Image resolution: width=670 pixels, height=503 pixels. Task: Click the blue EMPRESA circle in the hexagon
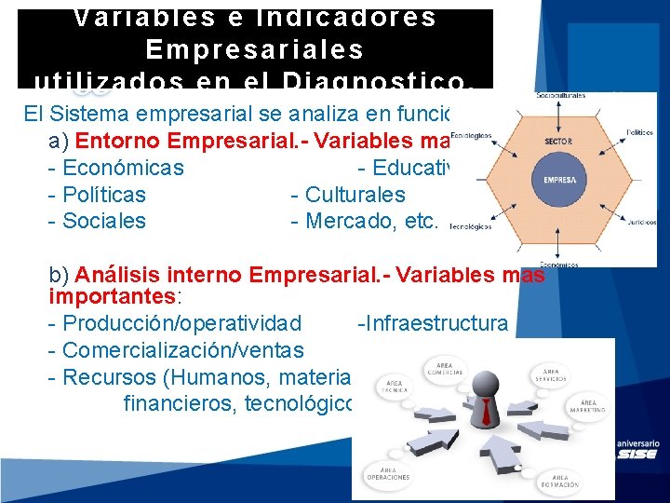click(559, 180)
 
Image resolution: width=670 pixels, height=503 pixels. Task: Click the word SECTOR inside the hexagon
click(559, 142)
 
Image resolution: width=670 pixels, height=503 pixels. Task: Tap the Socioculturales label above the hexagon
click(559, 95)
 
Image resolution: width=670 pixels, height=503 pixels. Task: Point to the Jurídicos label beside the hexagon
click(640, 223)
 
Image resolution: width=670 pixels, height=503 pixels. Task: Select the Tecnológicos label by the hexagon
click(470, 225)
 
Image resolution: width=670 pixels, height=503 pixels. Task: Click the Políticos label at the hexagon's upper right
click(639, 132)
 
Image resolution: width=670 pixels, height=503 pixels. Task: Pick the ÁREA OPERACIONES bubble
click(390, 473)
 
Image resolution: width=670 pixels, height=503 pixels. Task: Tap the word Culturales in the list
click(355, 195)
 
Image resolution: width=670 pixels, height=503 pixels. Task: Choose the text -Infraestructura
click(433, 323)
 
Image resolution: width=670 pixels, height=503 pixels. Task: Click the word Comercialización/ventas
click(182, 350)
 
